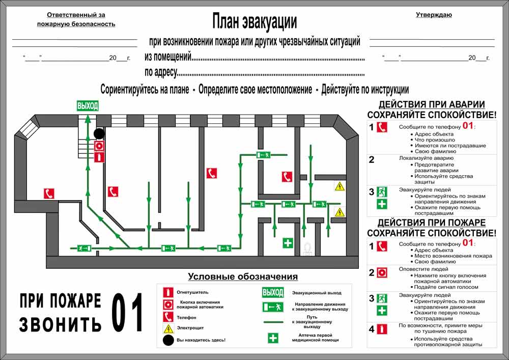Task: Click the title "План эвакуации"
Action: (x=254, y=21)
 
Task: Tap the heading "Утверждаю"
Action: (x=434, y=15)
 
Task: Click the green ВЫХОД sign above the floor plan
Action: (x=88, y=106)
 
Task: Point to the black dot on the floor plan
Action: (x=99, y=133)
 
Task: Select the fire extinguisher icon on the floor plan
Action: (x=99, y=157)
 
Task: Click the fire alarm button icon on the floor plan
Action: (x=99, y=146)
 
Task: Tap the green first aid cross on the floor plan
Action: (x=288, y=243)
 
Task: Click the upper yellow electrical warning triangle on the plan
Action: (x=340, y=186)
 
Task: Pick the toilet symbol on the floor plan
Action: (x=307, y=250)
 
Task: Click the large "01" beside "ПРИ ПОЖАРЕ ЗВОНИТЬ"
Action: (x=127, y=312)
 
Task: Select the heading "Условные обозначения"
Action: (x=243, y=276)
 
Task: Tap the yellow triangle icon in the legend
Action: (x=168, y=329)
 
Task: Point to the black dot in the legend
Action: (x=168, y=340)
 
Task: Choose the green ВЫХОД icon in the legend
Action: (x=273, y=292)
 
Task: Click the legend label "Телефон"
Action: (x=186, y=317)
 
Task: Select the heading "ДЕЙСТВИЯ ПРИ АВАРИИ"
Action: (x=432, y=104)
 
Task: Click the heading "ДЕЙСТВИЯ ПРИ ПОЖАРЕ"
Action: (x=432, y=223)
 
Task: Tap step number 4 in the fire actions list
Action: (x=372, y=329)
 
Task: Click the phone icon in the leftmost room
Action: (x=49, y=193)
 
